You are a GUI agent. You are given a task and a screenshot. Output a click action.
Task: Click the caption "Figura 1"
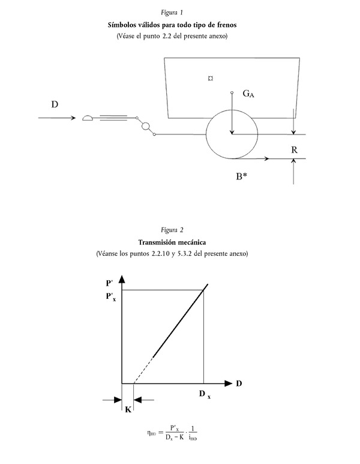172,13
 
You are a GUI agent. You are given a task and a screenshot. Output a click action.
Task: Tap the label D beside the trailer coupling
55,104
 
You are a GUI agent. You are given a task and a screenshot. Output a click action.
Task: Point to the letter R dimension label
294,150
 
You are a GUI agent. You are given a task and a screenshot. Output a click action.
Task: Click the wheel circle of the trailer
232,134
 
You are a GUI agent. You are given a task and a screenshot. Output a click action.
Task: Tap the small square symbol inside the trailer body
209,78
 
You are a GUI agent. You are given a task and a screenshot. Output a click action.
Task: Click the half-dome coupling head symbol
87,118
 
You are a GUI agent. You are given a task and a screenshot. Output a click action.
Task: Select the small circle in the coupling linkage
145,125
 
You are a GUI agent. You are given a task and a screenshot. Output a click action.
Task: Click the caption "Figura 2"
172,230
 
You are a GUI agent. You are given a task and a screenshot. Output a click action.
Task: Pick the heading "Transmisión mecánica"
172,243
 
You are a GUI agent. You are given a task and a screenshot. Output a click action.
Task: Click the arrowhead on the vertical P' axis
122,279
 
